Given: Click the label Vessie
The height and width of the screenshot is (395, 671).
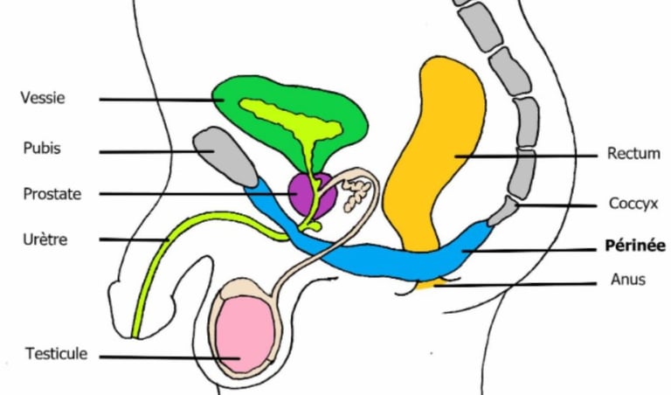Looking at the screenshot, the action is (x=43, y=98).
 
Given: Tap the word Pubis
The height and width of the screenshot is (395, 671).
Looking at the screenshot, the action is (x=42, y=148).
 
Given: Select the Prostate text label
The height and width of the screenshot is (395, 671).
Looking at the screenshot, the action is (x=52, y=194).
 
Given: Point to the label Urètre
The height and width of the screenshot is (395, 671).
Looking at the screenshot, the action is (x=45, y=239).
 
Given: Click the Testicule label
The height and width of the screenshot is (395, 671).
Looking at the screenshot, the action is (x=56, y=354).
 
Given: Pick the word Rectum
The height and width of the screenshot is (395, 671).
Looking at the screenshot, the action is (x=633, y=153).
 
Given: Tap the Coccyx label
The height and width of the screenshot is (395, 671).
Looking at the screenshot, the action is (x=633, y=204).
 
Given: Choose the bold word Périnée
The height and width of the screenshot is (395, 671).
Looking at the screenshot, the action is (x=635, y=246).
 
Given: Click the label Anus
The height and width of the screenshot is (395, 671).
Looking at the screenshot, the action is (x=628, y=280).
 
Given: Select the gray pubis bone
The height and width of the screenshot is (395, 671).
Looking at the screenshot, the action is (x=225, y=156).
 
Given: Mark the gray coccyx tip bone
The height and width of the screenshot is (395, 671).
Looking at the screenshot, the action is (x=503, y=211).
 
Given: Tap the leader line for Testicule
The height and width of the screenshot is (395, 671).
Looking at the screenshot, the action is (x=169, y=357).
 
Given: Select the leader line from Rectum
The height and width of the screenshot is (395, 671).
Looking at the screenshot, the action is (x=526, y=156).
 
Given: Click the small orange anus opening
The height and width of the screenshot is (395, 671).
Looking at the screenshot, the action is (x=428, y=285).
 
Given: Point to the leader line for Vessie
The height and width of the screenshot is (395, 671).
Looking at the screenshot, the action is (x=162, y=100).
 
